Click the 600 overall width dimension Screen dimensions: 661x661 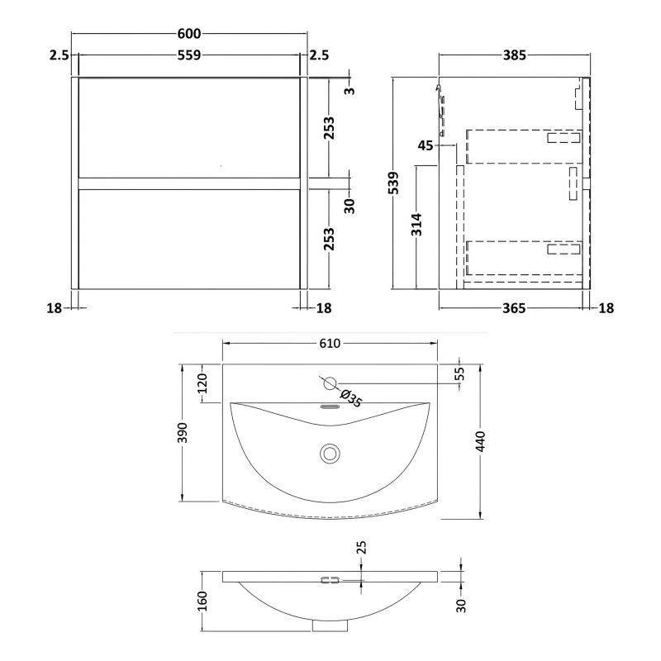[189, 33]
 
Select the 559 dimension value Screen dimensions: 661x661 [189, 55]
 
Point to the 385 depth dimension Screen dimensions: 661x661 [514, 55]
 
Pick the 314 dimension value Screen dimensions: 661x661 [418, 226]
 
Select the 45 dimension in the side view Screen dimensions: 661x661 [426, 145]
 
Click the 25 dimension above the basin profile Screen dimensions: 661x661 [361, 548]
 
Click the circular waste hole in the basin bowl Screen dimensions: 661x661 [330, 453]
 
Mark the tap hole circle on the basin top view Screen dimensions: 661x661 [329, 383]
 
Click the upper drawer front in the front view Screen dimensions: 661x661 [189, 126]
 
